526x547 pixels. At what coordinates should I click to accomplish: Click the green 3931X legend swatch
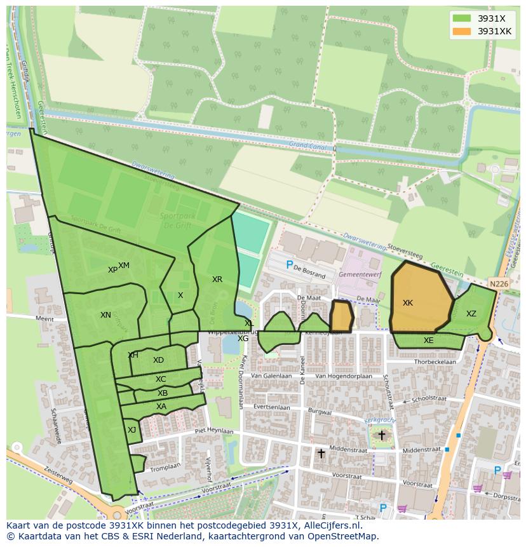[461, 18]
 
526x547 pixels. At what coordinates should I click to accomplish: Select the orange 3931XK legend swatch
[461, 31]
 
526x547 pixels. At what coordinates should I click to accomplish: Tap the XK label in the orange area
[408, 303]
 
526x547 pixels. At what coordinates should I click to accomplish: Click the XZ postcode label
[471, 314]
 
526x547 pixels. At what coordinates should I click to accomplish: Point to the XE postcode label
[428, 341]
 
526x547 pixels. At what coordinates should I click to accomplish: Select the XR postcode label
[217, 280]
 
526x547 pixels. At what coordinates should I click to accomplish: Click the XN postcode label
[105, 315]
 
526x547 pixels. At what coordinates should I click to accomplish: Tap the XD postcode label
[158, 360]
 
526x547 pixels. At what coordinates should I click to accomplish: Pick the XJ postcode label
[131, 430]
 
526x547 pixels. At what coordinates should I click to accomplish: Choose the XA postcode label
[161, 407]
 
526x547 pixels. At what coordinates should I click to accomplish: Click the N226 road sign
[499, 284]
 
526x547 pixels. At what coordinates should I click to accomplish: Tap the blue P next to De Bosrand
[290, 265]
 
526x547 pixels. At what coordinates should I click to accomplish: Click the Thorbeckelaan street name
[435, 362]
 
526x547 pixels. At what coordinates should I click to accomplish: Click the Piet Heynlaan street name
[213, 430]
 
